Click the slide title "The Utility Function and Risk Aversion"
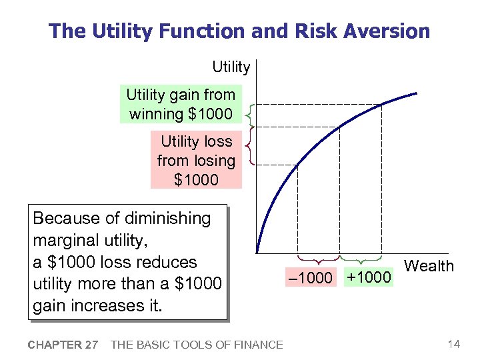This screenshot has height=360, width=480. pyautogui.click(x=239, y=31)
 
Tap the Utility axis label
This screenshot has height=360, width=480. pyautogui.click(x=231, y=67)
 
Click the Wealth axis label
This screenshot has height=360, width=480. pyautogui.click(x=429, y=266)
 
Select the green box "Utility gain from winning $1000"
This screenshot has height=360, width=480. pyautogui.click(x=181, y=105)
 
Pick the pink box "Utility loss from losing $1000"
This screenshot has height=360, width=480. pyautogui.click(x=196, y=160)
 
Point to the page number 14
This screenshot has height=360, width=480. pyautogui.click(x=454, y=344)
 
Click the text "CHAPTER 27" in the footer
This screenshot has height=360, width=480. pyautogui.click(x=63, y=345)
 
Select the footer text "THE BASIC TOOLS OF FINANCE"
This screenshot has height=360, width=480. pyautogui.click(x=196, y=345)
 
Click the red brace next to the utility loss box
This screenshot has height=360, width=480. pyautogui.click(x=248, y=145)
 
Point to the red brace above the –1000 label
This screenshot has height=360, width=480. pyautogui.click(x=318, y=259)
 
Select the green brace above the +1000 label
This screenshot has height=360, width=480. pyautogui.click(x=361, y=259)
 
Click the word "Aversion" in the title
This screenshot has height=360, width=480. pyautogui.click(x=392, y=31)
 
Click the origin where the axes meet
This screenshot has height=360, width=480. pyautogui.click(x=257, y=253)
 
